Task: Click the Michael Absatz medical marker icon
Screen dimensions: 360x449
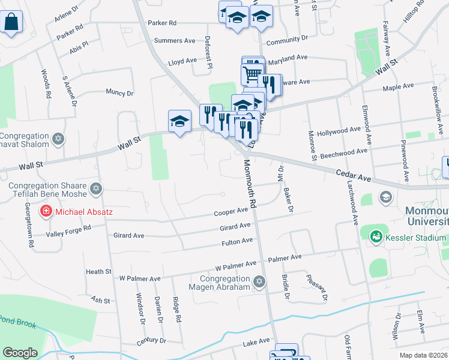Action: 46,211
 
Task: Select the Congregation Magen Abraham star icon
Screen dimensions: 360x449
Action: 259,281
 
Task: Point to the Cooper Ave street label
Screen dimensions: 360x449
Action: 231,212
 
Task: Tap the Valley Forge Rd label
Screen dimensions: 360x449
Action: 70,228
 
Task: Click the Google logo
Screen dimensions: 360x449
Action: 20,353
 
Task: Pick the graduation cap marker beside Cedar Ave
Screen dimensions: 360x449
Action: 385,196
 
